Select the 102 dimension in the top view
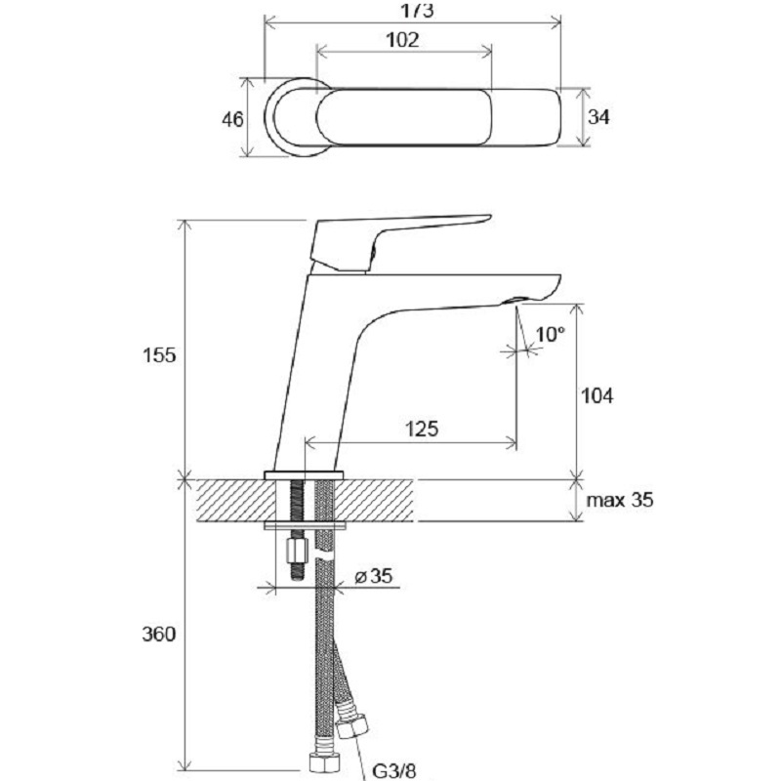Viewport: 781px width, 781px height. pos(402,40)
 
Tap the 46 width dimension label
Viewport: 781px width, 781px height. pos(232,119)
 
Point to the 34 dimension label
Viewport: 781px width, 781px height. pos(599,117)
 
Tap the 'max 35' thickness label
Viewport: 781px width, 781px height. pos(620,501)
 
